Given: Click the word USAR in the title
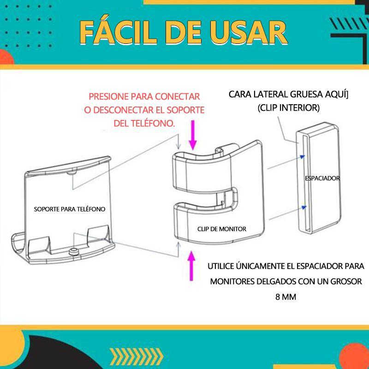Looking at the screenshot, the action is tap(248, 33).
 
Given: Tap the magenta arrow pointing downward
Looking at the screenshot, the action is tap(193, 135).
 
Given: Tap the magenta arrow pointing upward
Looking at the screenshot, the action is tap(191, 266).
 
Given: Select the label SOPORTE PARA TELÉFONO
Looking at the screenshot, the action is tap(70, 209).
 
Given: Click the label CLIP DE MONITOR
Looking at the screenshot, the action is tap(222, 229).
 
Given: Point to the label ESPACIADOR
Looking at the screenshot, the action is tap(322, 178).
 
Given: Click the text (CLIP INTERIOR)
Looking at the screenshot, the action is tap(289, 108).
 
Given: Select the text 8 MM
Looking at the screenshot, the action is tap(286, 297).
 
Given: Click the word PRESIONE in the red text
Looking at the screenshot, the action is tap(108, 96).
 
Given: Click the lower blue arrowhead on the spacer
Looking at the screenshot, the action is tap(304, 207).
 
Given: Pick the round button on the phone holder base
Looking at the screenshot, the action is tap(74, 251).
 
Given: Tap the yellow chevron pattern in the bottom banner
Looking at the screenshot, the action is tap(137, 357).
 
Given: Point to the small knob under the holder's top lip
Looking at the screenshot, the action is tap(71, 173).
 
